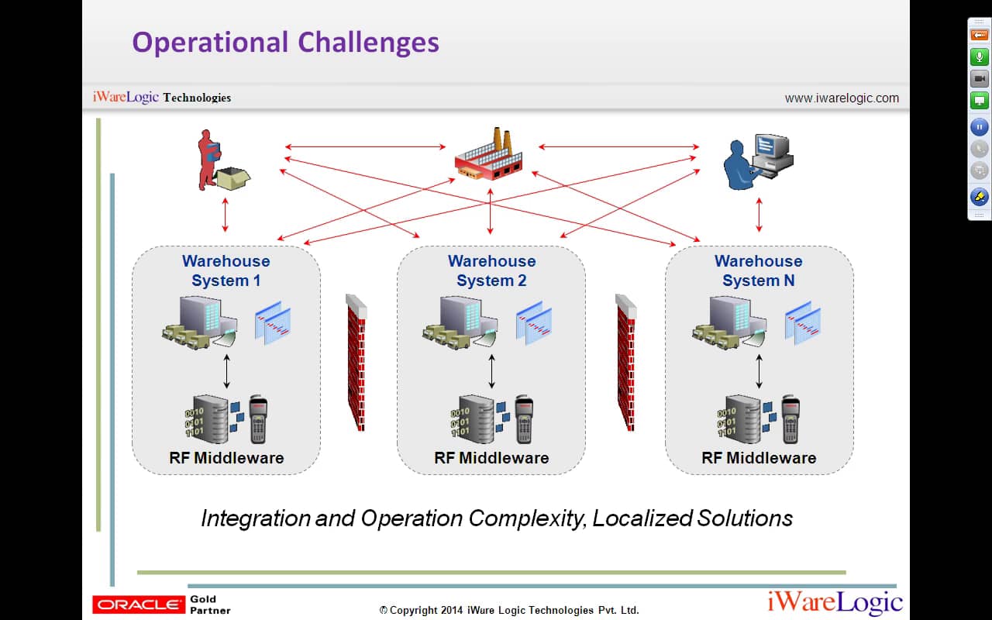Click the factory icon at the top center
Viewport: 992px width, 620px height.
point(489,155)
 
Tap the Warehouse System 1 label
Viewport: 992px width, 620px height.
point(226,270)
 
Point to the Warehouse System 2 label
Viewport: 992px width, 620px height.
point(491,270)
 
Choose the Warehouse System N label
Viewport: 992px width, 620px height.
point(758,270)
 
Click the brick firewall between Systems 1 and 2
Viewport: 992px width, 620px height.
point(356,361)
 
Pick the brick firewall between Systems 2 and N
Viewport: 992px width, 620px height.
point(625,361)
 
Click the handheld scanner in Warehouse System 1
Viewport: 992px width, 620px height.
point(258,419)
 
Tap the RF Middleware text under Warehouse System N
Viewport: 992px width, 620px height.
point(759,458)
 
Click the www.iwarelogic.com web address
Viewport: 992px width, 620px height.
point(842,98)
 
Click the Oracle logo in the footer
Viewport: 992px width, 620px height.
point(138,604)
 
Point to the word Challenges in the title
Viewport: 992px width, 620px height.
point(368,42)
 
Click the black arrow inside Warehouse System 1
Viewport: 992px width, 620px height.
point(226,372)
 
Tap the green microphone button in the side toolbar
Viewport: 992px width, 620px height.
point(979,57)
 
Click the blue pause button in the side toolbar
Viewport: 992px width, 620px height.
point(979,126)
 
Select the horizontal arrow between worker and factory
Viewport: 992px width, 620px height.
point(364,146)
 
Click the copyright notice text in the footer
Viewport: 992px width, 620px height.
point(509,610)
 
